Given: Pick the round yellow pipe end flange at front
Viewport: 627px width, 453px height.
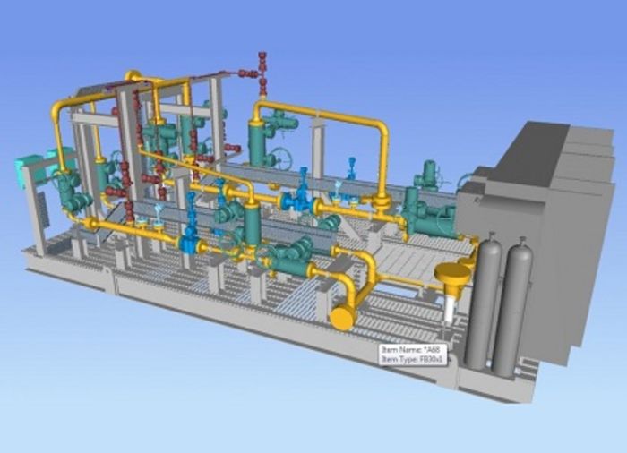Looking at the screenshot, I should click(x=341, y=317).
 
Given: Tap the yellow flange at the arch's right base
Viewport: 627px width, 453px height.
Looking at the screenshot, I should click(x=382, y=202).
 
